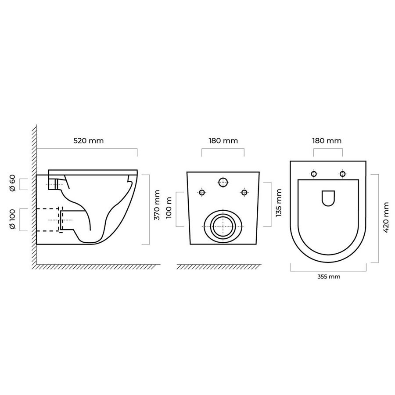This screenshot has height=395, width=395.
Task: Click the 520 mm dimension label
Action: [88, 140]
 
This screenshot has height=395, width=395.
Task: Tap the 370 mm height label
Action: [157, 205]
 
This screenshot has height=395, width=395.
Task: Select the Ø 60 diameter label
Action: [13, 183]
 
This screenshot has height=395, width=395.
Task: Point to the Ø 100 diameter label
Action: [13, 219]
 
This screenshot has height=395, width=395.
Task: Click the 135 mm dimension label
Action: [279, 203]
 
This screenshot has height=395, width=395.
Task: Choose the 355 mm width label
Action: [329, 276]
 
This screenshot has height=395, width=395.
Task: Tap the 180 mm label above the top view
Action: [327, 140]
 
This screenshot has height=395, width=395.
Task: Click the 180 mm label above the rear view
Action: [223, 140]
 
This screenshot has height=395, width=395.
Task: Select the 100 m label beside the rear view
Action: [169, 208]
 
